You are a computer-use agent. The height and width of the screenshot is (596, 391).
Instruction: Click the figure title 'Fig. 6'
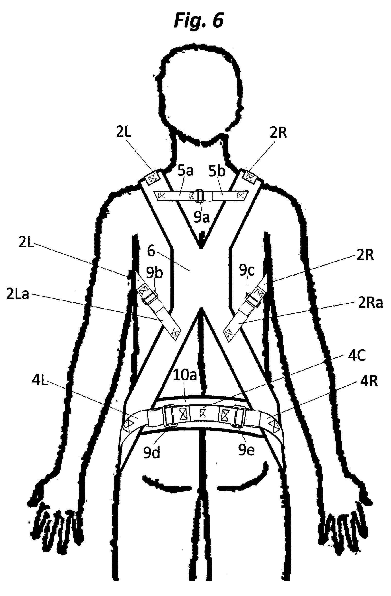[199, 20]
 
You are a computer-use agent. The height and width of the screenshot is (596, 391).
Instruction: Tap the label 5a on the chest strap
[185, 171]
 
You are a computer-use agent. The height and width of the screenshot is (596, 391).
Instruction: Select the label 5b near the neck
[217, 171]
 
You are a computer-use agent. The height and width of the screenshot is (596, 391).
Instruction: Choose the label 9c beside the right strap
[247, 270]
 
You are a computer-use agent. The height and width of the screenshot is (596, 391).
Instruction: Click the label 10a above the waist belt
[185, 375]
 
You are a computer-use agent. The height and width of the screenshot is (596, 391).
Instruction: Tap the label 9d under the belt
[151, 452]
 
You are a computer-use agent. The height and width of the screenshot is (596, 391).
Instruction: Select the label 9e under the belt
[246, 450]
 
